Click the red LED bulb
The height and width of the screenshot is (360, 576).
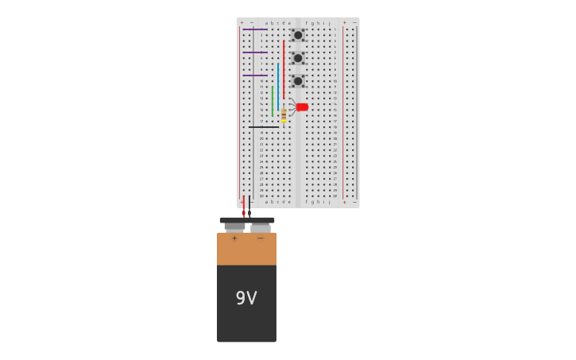(302, 106)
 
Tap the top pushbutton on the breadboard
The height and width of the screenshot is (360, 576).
(298, 35)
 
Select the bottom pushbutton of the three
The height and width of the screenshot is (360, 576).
(298, 80)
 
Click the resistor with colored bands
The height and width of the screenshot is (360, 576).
(284, 115)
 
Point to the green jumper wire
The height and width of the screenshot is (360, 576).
(273, 101)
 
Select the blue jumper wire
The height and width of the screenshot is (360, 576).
(278, 87)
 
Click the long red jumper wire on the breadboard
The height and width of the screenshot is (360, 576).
(284, 70)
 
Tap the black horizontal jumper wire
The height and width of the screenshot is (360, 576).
(264, 126)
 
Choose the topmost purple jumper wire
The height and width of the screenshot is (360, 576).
(255, 29)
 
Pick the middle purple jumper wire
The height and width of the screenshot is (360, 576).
(255, 52)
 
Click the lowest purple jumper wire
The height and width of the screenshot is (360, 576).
(255, 75)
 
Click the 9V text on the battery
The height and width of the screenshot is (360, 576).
(246, 298)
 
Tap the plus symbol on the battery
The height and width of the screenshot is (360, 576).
(234, 238)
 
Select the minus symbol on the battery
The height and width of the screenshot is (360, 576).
(260, 238)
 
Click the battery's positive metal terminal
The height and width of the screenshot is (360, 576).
(234, 226)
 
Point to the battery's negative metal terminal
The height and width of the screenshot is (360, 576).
(261, 227)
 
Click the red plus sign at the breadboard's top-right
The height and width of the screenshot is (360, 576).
(344, 22)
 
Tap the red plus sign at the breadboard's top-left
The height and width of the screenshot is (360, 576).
(242, 22)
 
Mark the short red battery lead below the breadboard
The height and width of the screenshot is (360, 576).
(244, 207)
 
